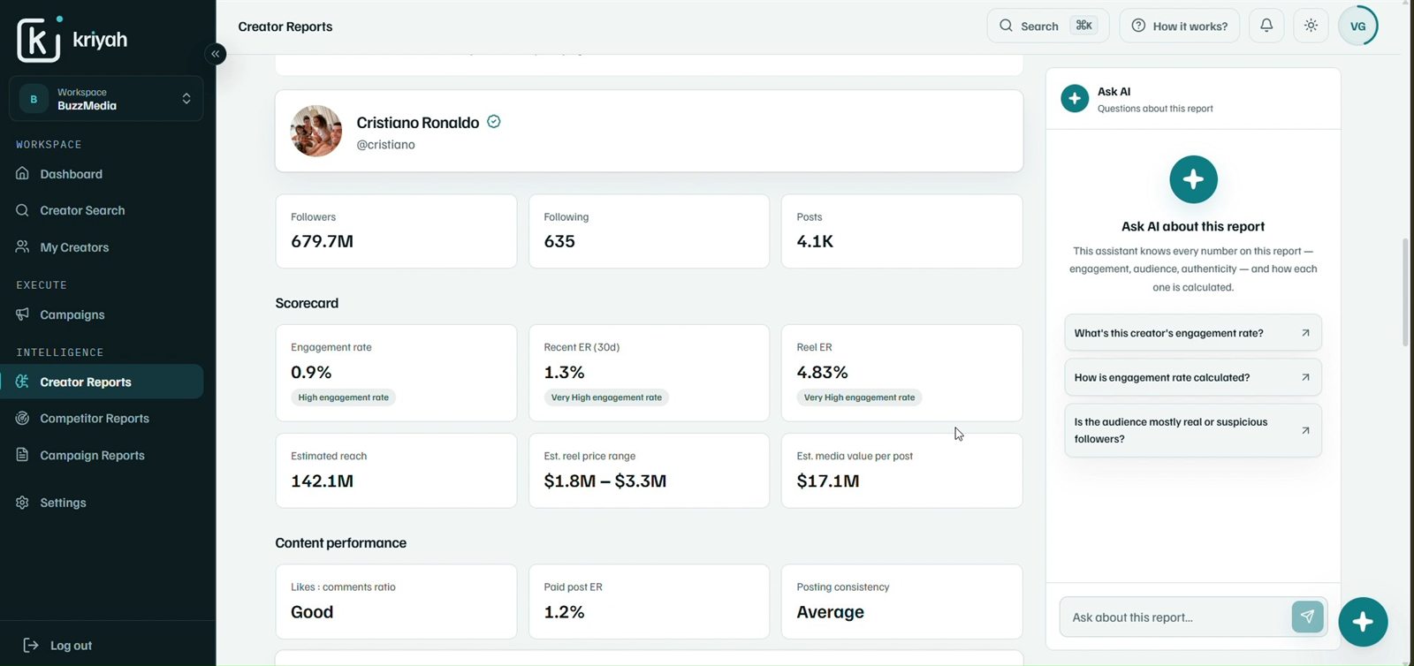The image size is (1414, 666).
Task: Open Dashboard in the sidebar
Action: pyautogui.click(x=71, y=174)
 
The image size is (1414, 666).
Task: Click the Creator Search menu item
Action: pyautogui.click(x=82, y=210)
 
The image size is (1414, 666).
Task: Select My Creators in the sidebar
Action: pyautogui.click(x=74, y=247)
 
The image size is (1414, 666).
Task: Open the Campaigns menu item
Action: pyautogui.click(x=72, y=314)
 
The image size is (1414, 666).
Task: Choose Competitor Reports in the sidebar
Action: pyautogui.click(x=94, y=419)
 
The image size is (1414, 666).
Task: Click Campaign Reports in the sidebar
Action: pyautogui.click(x=92, y=456)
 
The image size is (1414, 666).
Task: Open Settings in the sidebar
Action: pyautogui.click(x=63, y=503)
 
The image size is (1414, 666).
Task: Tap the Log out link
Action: pyautogui.click(x=71, y=645)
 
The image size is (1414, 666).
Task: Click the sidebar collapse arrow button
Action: pyautogui.click(x=216, y=54)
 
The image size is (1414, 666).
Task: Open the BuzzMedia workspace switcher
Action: pyautogui.click(x=106, y=99)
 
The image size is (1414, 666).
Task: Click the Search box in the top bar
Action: pyautogui.click(x=1048, y=26)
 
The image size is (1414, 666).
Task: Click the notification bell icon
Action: pyautogui.click(x=1266, y=26)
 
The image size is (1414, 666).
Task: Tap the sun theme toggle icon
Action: pyautogui.click(x=1311, y=26)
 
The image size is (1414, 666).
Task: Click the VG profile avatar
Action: pyautogui.click(x=1357, y=26)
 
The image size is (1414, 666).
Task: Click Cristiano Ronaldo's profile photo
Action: pyautogui.click(x=316, y=131)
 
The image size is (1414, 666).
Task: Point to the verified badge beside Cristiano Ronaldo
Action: pyautogui.click(x=494, y=122)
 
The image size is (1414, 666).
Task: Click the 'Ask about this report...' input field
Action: pyautogui.click(x=1175, y=617)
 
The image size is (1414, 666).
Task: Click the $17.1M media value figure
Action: pyautogui.click(x=827, y=481)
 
